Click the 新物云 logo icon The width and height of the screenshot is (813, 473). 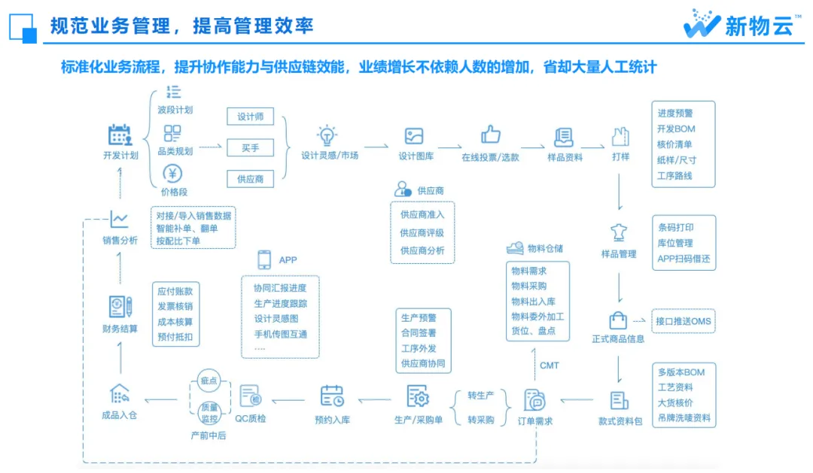coord(702,24)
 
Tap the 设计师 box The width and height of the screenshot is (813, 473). coord(251,117)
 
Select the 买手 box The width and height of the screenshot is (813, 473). coord(251,147)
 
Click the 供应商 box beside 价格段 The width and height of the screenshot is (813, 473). coord(251,179)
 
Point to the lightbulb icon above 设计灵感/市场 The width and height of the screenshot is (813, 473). coord(327,135)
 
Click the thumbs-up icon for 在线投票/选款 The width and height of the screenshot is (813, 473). coord(491,135)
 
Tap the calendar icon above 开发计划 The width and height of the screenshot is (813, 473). coord(120,135)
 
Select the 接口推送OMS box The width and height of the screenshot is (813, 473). coord(684,322)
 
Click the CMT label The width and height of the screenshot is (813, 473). coord(550,365)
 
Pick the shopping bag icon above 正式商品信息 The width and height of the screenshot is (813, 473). coord(618,320)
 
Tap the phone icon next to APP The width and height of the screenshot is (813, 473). coord(264,259)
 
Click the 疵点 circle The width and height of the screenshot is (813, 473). coord(208,381)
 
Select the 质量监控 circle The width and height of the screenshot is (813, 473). coord(208,413)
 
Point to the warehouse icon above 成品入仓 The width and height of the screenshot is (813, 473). coord(120,393)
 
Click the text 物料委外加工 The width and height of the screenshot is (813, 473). coord(537,316)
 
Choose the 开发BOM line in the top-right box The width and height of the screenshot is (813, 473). coord(676,129)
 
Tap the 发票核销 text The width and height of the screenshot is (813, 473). coord(175,306)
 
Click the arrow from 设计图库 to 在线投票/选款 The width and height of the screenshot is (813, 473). coord(449,147)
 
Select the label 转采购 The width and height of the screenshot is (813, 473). coord(481,420)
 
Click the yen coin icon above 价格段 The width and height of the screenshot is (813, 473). coord(172,174)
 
